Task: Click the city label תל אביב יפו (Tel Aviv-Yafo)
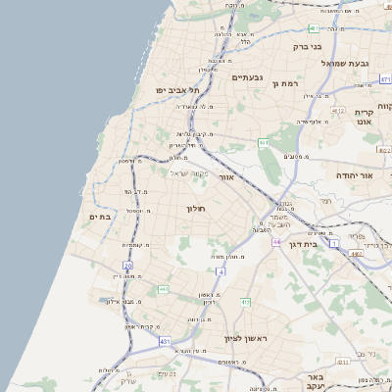point(176,90)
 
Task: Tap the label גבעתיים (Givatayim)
point(250,76)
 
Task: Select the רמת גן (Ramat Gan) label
point(285,84)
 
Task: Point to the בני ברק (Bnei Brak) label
point(308,46)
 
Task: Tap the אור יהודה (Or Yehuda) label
point(357,174)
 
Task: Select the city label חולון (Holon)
point(193,209)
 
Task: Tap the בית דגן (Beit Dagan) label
point(305,244)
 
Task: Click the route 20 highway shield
point(127,266)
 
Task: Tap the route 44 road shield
point(277,241)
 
